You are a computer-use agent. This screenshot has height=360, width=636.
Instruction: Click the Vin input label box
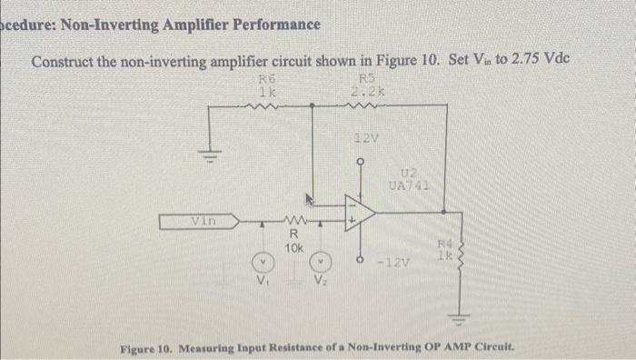click(x=198, y=219)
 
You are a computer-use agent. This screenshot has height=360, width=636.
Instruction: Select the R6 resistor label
click(x=266, y=79)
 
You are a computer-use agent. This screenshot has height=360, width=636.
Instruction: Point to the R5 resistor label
click(x=368, y=78)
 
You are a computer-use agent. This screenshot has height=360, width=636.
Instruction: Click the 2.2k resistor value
click(x=368, y=91)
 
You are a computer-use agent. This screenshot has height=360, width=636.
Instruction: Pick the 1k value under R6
click(x=266, y=91)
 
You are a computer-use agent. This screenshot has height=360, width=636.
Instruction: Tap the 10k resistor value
click(x=293, y=246)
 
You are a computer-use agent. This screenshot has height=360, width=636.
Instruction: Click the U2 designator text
click(x=408, y=172)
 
